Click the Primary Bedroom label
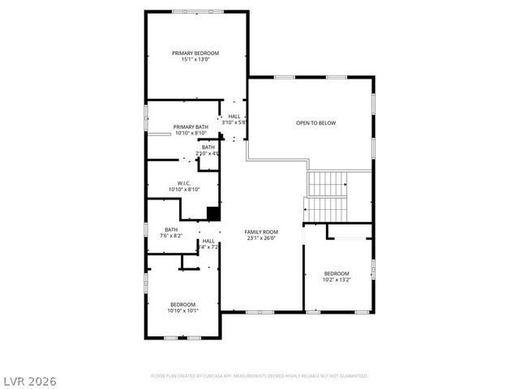point(195,53)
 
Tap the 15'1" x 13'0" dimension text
point(195,59)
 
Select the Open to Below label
point(315,123)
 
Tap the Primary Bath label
point(191,127)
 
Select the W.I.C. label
point(184,183)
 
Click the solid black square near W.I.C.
point(213,214)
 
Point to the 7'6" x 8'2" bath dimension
point(171,236)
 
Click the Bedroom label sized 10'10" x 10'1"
point(182,304)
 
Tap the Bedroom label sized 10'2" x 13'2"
point(337,273)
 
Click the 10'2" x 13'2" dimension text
point(337,280)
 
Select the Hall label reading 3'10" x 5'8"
point(234,116)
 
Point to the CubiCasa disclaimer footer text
point(259,376)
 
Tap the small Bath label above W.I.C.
point(208,147)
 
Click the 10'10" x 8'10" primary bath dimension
point(191,134)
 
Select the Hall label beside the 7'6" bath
point(208,241)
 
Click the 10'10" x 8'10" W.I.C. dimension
point(184,190)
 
